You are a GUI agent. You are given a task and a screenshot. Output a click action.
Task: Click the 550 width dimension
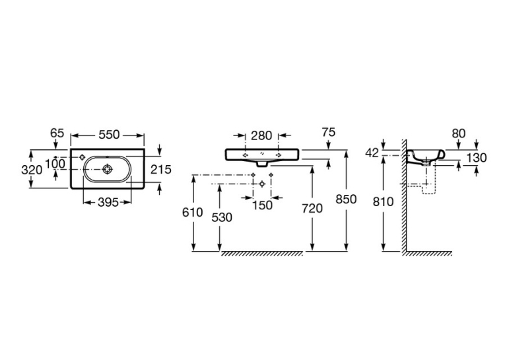pyautogui.click(x=109, y=135)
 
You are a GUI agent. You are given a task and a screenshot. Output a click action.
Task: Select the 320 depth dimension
pyautogui.click(x=32, y=170)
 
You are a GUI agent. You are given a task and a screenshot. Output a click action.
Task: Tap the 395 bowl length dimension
pyautogui.click(x=108, y=203)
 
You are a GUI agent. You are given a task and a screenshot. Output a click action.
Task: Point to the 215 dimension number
pyautogui.click(x=161, y=169)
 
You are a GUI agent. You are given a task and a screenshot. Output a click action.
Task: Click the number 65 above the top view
pyautogui.click(x=57, y=133)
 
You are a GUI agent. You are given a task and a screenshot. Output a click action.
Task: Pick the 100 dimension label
pyautogui.click(x=55, y=164)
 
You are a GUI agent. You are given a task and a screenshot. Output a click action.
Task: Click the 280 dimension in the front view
pyautogui.click(x=261, y=135)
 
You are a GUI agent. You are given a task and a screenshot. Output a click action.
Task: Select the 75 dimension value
pyautogui.click(x=329, y=132)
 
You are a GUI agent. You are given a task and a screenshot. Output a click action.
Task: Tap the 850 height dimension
pyautogui.click(x=346, y=199)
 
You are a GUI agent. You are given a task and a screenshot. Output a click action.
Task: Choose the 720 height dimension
pyautogui.click(x=312, y=209)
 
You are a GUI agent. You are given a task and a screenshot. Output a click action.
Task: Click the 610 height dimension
pyautogui.click(x=193, y=213)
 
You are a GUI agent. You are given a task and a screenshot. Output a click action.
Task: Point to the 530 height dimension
pyautogui.click(x=222, y=217)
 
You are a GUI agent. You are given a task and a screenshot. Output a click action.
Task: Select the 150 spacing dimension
pyautogui.click(x=262, y=205)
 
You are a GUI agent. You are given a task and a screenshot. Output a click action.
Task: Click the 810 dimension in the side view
pyautogui.click(x=384, y=201)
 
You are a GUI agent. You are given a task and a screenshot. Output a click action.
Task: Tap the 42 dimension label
pyautogui.click(x=372, y=153)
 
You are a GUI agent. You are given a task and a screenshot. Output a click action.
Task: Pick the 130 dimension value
pyautogui.click(x=477, y=158)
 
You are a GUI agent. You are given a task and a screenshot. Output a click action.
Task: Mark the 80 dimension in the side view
pyautogui.click(x=459, y=133)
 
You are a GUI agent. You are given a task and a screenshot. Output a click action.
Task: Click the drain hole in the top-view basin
pyautogui.click(x=107, y=169)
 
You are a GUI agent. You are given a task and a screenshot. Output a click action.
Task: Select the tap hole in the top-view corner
pyautogui.click(x=82, y=157)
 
